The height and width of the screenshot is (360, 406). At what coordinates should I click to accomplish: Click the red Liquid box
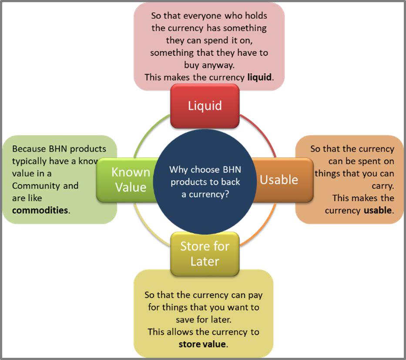[205, 106]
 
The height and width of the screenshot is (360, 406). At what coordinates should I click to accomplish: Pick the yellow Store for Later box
[205, 254]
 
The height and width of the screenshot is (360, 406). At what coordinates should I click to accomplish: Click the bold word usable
[378, 210]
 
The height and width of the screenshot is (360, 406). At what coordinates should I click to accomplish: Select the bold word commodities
[40, 210]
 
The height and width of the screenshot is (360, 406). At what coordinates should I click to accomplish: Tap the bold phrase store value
[202, 344]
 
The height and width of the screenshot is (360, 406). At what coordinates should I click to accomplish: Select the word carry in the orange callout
[383, 186]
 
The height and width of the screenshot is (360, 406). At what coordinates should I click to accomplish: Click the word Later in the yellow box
[205, 261]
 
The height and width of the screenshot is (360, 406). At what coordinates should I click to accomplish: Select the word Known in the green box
[130, 172]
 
